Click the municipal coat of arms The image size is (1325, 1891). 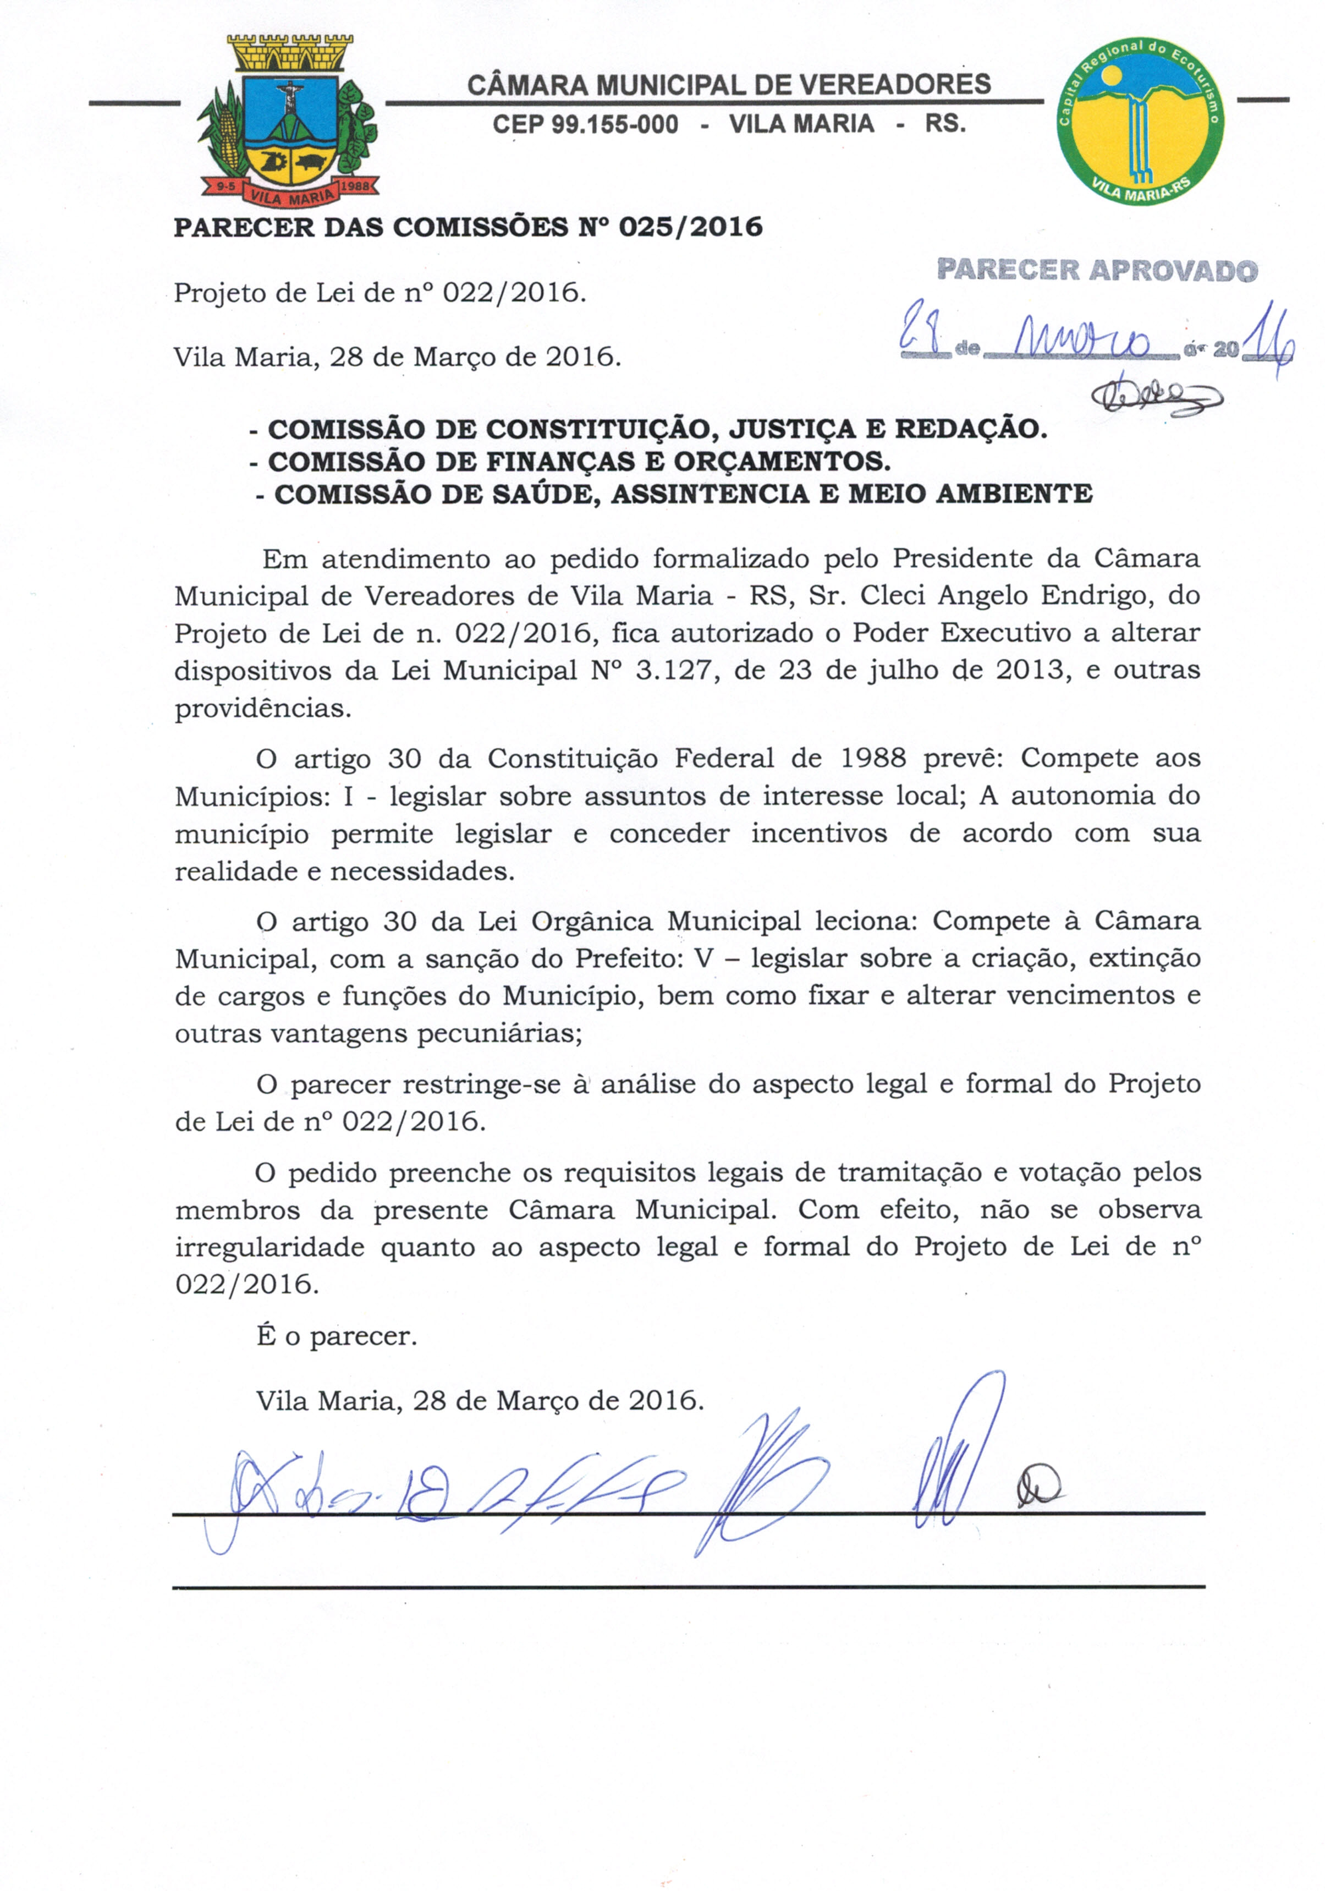point(288,119)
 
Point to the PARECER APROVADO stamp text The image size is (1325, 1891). point(1097,270)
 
